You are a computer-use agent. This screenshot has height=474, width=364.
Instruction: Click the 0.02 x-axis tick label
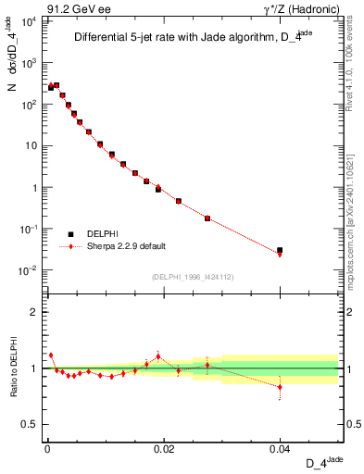click(163, 448)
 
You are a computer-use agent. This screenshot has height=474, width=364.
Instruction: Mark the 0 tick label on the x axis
click(46, 448)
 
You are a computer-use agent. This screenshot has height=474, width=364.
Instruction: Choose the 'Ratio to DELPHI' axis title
click(12, 368)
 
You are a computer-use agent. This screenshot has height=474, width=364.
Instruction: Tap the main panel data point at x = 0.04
click(280, 251)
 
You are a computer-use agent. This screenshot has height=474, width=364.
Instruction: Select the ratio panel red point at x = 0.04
click(280, 387)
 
